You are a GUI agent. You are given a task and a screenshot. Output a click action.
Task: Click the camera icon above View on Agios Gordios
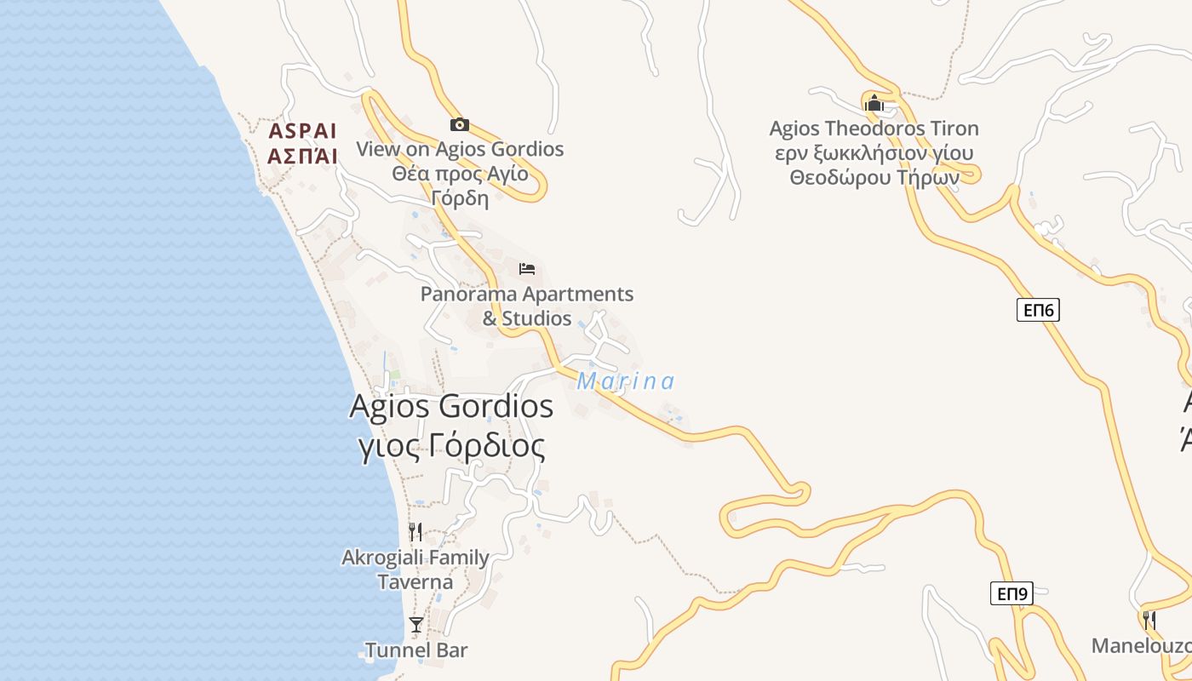click(459, 125)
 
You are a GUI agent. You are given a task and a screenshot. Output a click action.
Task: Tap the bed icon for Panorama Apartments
click(527, 270)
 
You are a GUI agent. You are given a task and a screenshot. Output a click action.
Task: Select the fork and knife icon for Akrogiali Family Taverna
click(415, 533)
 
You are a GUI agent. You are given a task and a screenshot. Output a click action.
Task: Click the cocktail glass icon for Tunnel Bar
click(415, 625)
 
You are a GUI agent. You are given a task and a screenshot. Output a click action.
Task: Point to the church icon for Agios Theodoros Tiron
click(874, 104)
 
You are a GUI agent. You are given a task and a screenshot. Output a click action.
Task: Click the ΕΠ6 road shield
click(1038, 310)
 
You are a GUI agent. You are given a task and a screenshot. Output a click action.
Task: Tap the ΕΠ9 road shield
click(1011, 593)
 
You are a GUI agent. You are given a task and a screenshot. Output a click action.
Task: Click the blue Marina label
click(626, 381)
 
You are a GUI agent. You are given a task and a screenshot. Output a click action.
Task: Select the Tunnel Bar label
click(416, 650)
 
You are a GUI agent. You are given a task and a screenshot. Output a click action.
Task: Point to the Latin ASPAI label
click(302, 132)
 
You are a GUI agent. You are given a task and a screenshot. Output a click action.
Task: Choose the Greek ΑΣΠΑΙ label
click(302, 156)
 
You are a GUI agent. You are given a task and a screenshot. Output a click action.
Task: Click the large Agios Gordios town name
click(451, 406)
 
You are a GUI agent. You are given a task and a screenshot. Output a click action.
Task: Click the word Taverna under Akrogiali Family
click(415, 582)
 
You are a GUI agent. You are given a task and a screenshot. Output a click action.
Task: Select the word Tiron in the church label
click(952, 129)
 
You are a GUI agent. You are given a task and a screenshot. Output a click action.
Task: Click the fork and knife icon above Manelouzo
click(1149, 620)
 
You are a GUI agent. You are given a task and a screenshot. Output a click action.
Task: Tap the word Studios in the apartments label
click(537, 318)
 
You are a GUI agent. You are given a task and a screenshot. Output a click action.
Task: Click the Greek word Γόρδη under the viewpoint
click(460, 199)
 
